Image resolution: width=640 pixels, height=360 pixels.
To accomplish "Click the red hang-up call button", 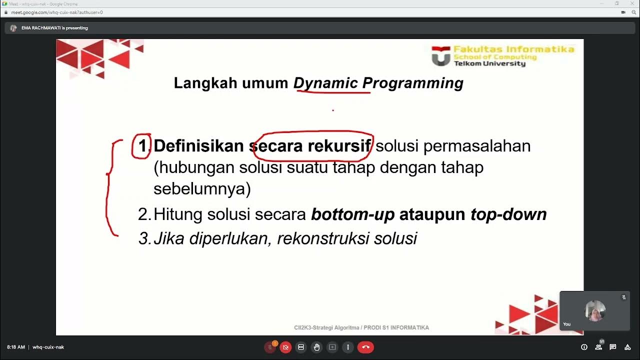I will pyautogui.click(x=365, y=347).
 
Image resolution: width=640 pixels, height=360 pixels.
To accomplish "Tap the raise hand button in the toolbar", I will pyautogui.click(x=316, y=347).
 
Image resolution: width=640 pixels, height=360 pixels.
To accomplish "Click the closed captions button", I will pyautogui.click(x=301, y=347).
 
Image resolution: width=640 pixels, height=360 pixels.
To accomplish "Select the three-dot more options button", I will pyautogui.click(x=348, y=347).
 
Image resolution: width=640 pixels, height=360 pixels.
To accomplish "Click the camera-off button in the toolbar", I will pyautogui.click(x=285, y=347).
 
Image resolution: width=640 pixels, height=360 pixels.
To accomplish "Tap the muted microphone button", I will pyautogui.click(x=270, y=347).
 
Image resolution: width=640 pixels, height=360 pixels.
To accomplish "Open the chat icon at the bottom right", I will pyautogui.click(x=613, y=347).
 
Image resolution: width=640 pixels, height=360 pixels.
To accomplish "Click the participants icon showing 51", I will pyautogui.click(x=598, y=346).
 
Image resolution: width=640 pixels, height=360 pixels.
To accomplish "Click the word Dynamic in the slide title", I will pyautogui.click(x=325, y=83).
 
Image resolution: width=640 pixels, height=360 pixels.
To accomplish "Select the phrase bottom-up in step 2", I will pyautogui.click(x=352, y=214).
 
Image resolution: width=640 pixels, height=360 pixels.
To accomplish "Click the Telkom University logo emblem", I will pyautogui.click(x=440, y=57).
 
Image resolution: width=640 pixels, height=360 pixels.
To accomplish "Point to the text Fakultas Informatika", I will pyautogui.click(x=513, y=49).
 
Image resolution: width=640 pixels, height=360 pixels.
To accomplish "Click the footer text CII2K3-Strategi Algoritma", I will pyautogui.click(x=326, y=327).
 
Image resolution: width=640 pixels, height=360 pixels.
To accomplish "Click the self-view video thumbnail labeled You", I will pyautogui.click(x=594, y=311).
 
